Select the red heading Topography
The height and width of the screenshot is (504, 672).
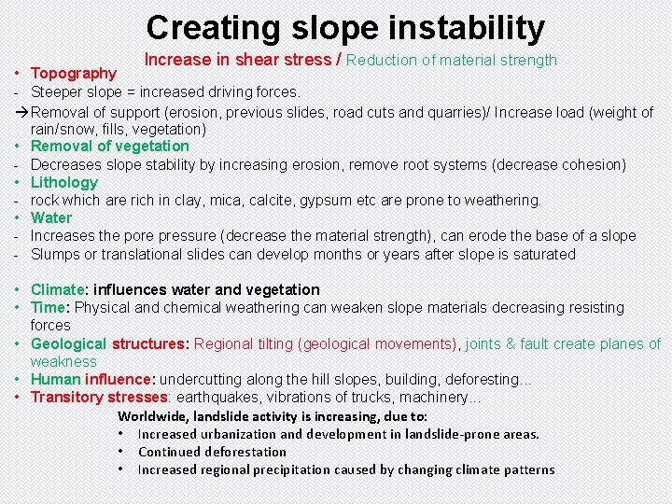(x=74, y=73)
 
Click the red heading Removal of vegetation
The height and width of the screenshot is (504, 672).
(x=109, y=146)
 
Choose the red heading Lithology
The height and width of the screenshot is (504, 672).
(x=63, y=182)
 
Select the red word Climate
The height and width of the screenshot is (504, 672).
(x=60, y=289)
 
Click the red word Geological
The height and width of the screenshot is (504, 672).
(x=68, y=343)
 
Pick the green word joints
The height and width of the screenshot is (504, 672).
(x=483, y=343)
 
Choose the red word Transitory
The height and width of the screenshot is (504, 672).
(x=66, y=397)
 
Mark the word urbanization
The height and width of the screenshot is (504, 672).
(x=238, y=434)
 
